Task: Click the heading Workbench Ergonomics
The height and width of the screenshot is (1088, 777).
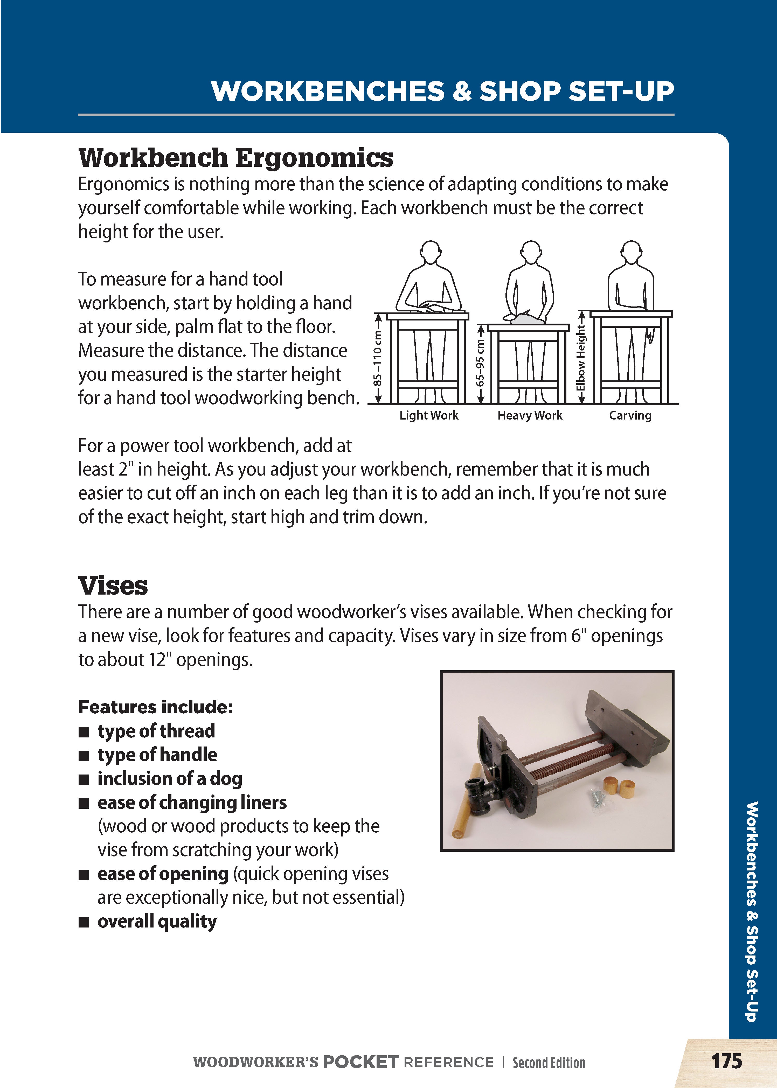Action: (x=235, y=158)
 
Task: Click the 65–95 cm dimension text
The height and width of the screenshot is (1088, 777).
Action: (x=480, y=364)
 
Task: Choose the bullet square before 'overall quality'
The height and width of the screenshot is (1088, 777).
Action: (x=84, y=922)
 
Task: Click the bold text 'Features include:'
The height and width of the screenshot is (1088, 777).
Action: (x=156, y=707)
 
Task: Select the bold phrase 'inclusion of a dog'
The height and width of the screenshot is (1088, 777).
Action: (x=170, y=778)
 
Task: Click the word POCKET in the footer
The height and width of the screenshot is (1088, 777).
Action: (x=360, y=1062)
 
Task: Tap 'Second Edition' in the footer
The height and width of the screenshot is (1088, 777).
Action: (x=549, y=1062)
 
